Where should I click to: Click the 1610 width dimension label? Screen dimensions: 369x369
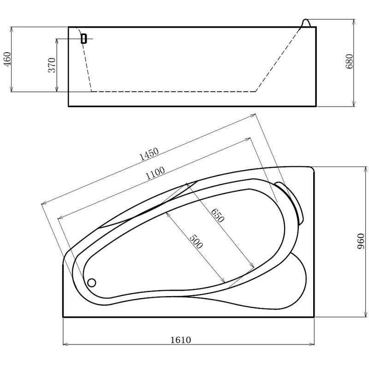click(180, 340)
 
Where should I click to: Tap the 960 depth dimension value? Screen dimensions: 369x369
click(361, 241)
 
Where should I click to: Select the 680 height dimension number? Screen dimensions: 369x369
click(350, 61)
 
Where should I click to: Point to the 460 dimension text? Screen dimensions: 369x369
click(7, 60)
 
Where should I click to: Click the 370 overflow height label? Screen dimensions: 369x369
click(52, 65)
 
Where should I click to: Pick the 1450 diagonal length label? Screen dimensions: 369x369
click(149, 154)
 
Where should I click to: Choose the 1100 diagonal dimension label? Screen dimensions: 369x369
click(155, 173)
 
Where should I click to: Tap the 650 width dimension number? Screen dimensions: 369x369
click(217, 215)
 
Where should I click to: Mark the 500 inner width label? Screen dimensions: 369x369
click(196, 241)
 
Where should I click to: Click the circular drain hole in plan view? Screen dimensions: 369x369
click(91, 282)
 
